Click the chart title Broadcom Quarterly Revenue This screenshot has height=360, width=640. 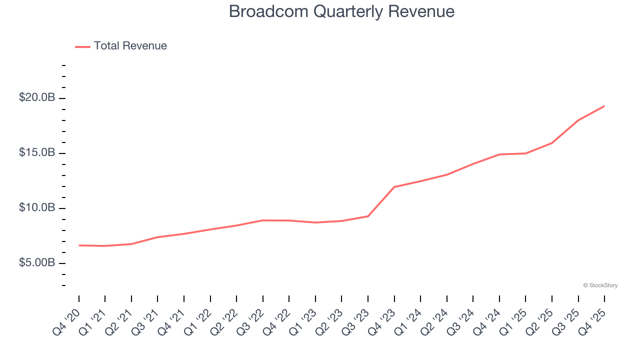[341, 11]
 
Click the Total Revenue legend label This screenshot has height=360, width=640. [130, 46]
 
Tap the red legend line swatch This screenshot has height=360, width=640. [82, 46]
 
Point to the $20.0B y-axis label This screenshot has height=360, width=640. [37, 97]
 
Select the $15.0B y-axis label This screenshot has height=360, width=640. [37, 152]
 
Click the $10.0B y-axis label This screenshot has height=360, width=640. [37, 207]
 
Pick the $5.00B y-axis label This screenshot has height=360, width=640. [37, 262]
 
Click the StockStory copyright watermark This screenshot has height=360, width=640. [600, 285]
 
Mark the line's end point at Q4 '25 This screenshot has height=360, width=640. [604, 106]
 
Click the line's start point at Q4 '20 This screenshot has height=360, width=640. [79, 245]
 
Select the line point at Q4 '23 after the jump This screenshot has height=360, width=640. [394, 187]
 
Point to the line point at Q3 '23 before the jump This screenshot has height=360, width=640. [368, 216]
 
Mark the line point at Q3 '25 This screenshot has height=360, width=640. [578, 120]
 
